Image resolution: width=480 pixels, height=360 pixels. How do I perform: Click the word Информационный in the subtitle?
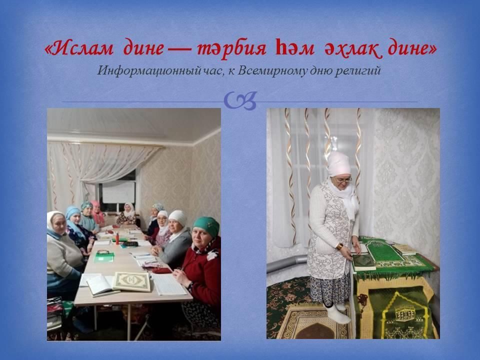149,71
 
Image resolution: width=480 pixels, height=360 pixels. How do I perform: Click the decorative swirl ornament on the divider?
240,100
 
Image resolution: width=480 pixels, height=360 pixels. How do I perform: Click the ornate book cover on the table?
132,281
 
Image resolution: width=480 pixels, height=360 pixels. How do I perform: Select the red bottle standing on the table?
117,238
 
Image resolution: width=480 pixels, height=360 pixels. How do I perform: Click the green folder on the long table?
104,257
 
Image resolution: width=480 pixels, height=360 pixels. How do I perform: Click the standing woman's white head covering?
339,164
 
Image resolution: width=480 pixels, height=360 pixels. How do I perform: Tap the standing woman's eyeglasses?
343,180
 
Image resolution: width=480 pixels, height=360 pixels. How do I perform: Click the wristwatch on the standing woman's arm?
339,246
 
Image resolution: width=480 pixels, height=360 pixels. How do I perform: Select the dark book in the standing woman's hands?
363,261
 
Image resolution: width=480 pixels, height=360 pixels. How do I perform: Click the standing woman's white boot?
337,314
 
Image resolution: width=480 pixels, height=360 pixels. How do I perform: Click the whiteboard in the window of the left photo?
118,192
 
